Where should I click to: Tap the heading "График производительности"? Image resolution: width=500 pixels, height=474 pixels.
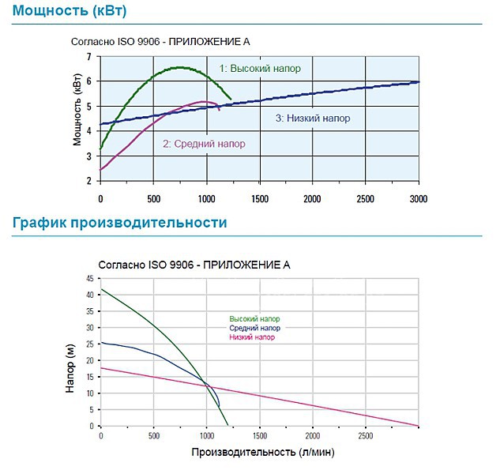119,223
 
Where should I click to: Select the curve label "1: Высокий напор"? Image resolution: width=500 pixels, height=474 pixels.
260,69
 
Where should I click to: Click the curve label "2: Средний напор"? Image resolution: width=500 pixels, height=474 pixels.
204,144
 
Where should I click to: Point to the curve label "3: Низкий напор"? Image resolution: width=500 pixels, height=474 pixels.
313,118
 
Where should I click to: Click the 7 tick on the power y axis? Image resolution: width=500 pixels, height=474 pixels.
89,57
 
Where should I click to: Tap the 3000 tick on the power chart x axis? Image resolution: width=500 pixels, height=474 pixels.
418,197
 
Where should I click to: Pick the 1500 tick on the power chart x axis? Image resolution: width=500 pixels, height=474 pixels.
259,197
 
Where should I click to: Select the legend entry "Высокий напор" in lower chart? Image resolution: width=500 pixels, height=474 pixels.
254,319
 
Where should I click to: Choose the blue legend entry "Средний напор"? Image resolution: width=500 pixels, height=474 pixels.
254,328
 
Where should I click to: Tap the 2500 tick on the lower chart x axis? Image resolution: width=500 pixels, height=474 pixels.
365,436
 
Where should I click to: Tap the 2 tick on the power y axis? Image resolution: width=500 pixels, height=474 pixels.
89,181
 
